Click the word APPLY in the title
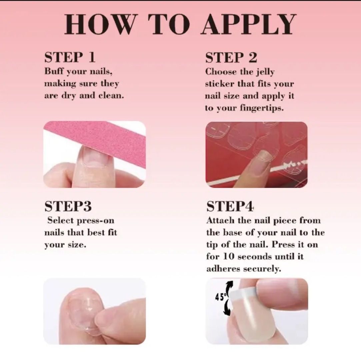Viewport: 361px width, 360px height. pyautogui.click(x=249, y=24)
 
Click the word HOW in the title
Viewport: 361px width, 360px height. pyautogui.click(x=99, y=24)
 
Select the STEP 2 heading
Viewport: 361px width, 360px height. pyautogui.click(x=231, y=57)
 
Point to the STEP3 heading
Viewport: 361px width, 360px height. pyautogui.click(x=68, y=206)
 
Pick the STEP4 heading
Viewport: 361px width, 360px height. pyautogui.click(x=230, y=206)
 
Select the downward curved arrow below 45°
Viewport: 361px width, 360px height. pyautogui.click(x=227, y=307)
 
